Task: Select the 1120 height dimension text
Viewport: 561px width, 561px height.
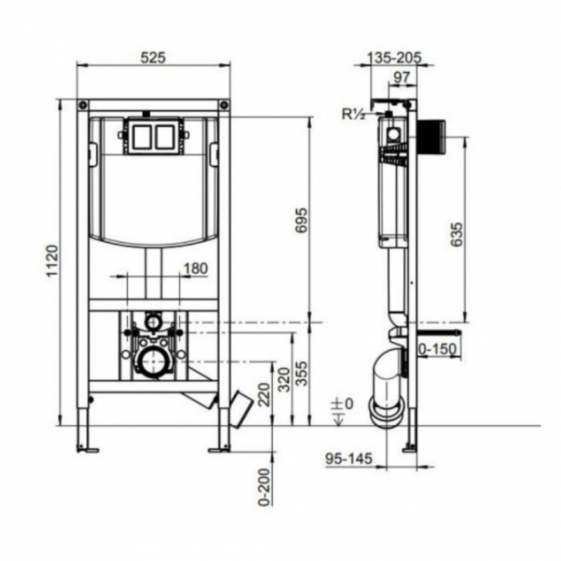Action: [x=52, y=262]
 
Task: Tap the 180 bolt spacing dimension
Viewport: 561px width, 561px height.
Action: [x=196, y=269]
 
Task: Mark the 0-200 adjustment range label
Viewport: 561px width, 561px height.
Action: [x=264, y=487]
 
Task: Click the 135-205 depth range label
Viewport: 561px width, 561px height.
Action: [x=394, y=57]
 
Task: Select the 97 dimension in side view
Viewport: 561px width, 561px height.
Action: [x=401, y=77]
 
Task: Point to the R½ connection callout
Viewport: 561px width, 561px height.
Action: [x=353, y=115]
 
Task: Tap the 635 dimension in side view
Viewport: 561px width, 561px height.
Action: [x=456, y=234]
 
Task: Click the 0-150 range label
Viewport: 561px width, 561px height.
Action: [x=438, y=349]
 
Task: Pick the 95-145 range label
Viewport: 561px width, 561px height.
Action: [x=349, y=459]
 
